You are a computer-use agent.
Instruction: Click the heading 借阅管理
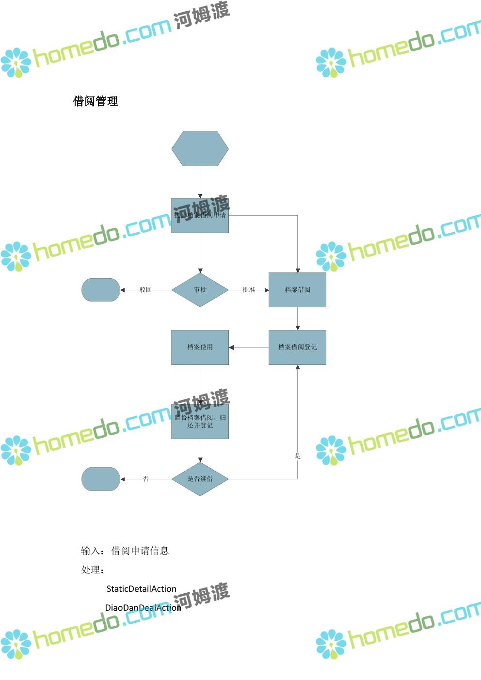(x=96, y=101)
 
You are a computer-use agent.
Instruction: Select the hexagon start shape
(x=200, y=149)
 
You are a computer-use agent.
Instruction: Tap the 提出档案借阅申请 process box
(x=200, y=216)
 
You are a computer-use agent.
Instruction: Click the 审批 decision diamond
(x=200, y=290)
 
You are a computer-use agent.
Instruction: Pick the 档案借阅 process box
(x=297, y=290)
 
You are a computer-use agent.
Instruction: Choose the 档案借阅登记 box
(x=297, y=347)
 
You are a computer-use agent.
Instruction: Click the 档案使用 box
(x=200, y=347)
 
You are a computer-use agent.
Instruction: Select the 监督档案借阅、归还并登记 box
(x=200, y=422)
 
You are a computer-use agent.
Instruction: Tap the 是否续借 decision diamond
(x=200, y=479)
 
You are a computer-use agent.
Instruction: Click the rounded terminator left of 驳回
(x=100, y=290)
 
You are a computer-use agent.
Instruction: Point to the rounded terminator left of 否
(x=100, y=479)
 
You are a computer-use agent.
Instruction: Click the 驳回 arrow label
(x=145, y=290)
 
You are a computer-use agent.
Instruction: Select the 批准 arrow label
(x=249, y=290)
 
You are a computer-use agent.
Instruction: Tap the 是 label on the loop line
(x=298, y=456)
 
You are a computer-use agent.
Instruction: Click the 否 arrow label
(x=145, y=479)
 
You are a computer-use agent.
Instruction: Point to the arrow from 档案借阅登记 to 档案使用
(x=249, y=347)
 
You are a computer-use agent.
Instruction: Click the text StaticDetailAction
(x=141, y=589)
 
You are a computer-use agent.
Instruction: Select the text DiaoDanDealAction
(x=143, y=608)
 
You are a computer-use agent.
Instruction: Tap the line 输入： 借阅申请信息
(x=125, y=551)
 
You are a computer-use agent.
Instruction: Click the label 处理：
(x=93, y=570)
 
